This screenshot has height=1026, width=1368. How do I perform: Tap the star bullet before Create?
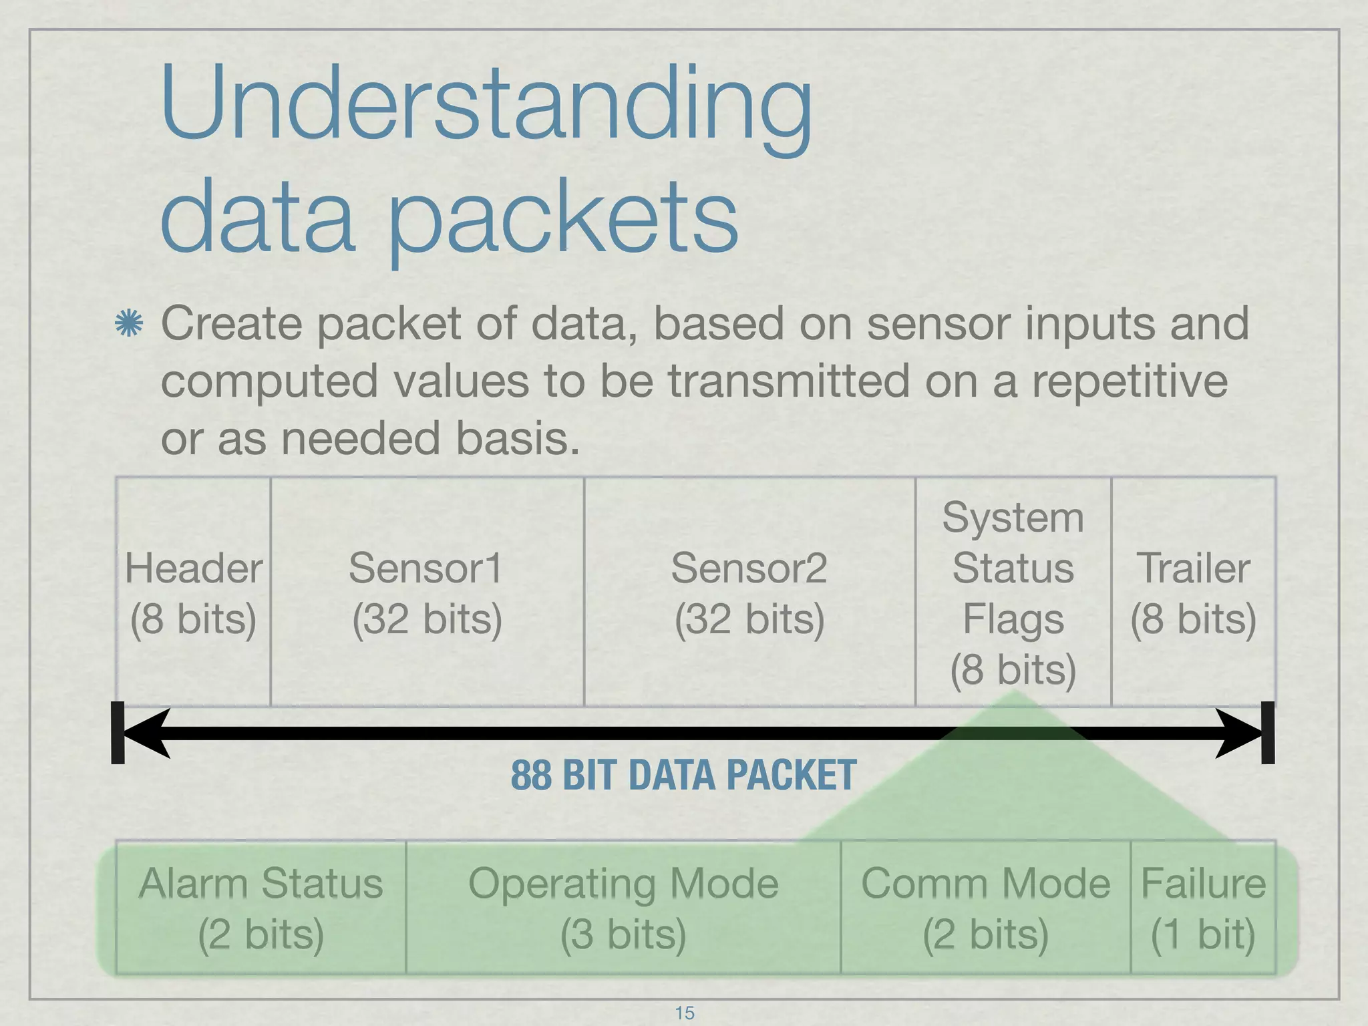tap(128, 323)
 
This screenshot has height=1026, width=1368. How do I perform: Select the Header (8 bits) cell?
tap(193, 592)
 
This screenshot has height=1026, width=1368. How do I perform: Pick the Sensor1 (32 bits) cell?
tap(427, 592)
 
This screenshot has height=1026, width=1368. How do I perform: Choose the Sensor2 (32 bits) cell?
tap(749, 592)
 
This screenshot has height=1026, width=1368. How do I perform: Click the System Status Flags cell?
tap(1013, 592)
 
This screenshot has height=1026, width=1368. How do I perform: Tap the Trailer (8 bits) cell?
tap(1194, 592)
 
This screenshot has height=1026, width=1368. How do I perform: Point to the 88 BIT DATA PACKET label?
tap(683, 776)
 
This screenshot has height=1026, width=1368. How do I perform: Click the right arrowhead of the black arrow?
tap(1238, 733)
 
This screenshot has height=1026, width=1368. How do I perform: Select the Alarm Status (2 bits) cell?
tap(261, 908)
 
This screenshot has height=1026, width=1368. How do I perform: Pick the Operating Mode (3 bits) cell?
tap(623, 908)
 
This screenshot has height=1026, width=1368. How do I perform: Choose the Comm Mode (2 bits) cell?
tap(985, 908)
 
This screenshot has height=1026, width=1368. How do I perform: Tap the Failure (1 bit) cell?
tap(1203, 908)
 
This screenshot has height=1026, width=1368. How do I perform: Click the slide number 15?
tap(685, 1013)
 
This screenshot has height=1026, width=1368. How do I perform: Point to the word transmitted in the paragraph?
tap(789, 381)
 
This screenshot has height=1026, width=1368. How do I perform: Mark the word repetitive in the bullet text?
tap(1130, 381)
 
